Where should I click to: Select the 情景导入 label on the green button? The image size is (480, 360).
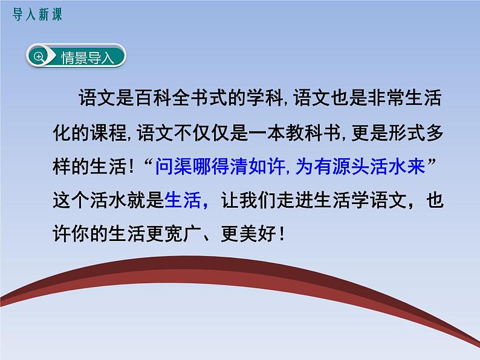click(x=87, y=58)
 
